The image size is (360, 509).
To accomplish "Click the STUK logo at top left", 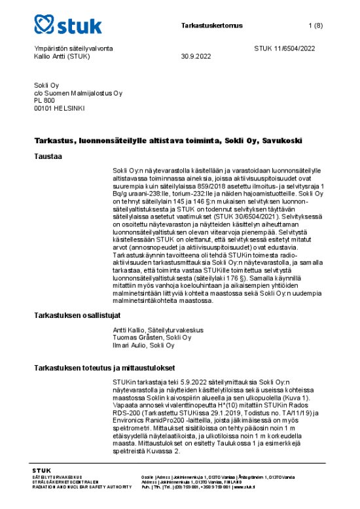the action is click(68, 26).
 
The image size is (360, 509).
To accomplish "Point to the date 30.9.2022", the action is click(197, 56).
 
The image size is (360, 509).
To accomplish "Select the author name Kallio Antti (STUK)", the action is click(62, 56).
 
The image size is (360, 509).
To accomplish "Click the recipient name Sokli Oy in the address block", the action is click(47, 85).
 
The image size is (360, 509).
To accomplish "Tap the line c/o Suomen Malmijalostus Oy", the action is click(77, 93).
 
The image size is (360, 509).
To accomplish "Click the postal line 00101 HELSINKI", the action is click(59, 109).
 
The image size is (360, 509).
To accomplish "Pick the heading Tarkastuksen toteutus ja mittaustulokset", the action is click(101, 368).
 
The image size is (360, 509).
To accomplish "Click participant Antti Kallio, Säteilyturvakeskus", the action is click(155, 330).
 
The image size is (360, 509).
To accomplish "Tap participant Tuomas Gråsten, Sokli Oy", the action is click(147, 338).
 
